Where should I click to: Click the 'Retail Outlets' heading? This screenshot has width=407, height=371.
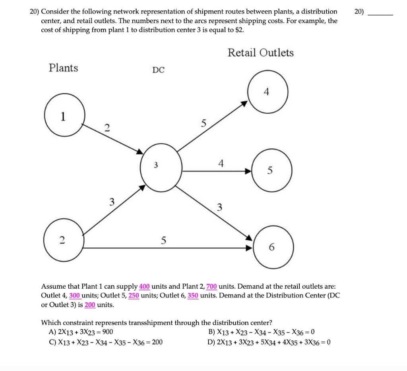tap(260, 52)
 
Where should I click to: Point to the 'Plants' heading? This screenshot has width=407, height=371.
tap(63, 68)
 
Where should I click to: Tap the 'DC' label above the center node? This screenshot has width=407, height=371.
tap(158, 70)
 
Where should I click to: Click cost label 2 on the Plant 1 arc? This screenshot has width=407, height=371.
tap(106, 127)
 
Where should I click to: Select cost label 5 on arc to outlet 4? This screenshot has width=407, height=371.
tap(203, 124)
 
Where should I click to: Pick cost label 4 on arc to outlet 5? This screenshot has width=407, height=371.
tap(221, 163)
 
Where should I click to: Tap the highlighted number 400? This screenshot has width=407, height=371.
tap(144, 286)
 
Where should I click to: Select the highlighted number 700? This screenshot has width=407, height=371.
tap(211, 286)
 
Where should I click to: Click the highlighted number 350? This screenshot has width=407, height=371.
tap(193, 295)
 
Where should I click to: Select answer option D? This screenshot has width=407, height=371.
tap(269, 342)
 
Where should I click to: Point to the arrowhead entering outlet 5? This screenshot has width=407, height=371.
tap(248, 171)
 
